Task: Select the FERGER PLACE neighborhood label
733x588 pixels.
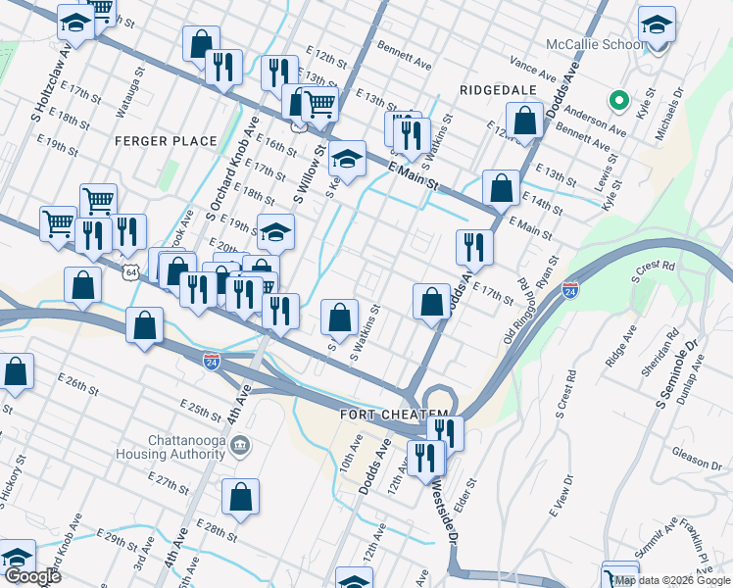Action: (x=166, y=141)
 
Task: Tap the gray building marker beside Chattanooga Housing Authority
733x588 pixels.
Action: (x=242, y=447)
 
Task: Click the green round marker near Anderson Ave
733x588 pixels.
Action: (x=618, y=100)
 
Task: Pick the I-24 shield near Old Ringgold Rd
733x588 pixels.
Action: (x=570, y=290)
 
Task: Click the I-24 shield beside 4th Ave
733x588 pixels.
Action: (x=211, y=362)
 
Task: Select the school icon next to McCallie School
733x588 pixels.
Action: (x=658, y=26)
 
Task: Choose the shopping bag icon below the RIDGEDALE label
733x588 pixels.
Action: (x=525, y=122)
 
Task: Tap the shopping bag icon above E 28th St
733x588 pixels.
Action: (x=240, y=497)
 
